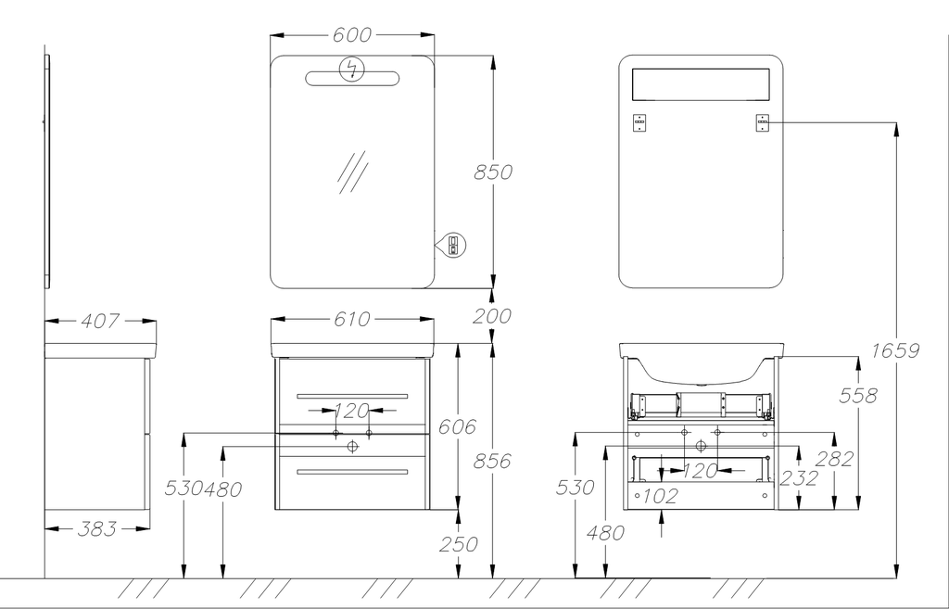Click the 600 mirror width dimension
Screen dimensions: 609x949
click(x=352, y=35)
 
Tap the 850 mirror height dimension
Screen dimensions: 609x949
click(x=492, y=171)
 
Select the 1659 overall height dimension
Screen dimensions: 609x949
click(x=895, y=350)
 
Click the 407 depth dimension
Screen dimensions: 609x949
click(x=100, y=321)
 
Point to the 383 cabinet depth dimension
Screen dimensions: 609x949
click(x=97, y=528)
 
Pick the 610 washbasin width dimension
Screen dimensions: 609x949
click(x=352, y=320)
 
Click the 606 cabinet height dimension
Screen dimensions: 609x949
click(x=458, y=426)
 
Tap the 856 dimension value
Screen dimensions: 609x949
click(x=492, y=461)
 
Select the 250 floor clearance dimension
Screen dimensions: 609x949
click(x=458, y=544)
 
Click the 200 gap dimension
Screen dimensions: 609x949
click(x=492, y=316)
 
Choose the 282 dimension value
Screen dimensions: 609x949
click(x=834, y=458)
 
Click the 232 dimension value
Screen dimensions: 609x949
click(x=799, y=478)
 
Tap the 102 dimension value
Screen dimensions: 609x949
click(x=660, y=496)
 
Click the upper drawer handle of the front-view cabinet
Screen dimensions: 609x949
click(x=352, y=396)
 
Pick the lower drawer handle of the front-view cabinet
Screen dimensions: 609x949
click(x=352, y=472)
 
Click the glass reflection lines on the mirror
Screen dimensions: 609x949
click(x=352, y=171)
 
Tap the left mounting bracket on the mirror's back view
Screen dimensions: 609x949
click(x=639, y=122)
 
